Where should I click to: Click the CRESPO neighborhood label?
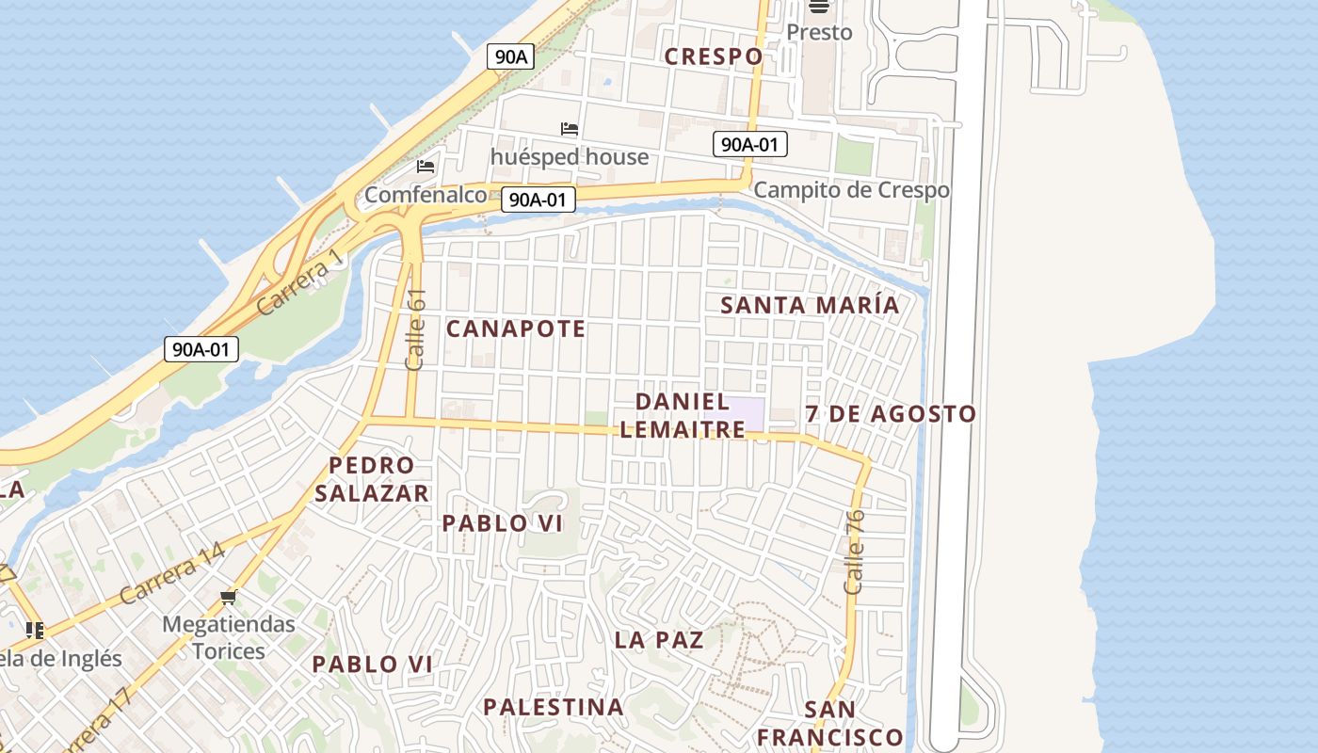(714, 56)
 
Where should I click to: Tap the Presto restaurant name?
(819, 32)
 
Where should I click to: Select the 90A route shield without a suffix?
(510, 56)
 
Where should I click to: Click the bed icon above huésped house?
(570, 129)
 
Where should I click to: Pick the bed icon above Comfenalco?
(426, 167)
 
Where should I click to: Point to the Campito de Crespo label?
(851, 190)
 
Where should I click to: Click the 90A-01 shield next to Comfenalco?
(538, 200)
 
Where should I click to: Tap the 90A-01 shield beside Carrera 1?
(201, 349)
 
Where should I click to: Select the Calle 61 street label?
(415, 329)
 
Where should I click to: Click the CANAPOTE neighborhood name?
(516, 328)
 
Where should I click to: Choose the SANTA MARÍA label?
(810, 305)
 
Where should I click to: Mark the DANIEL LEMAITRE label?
(683, 415)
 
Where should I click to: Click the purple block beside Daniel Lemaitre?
(734, 412)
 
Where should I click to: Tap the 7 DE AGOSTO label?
(891, 414)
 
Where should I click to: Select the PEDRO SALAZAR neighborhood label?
(372, 479)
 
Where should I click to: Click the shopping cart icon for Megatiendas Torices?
(228, 597)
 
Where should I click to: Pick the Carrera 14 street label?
(172, 579)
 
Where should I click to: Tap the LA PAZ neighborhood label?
(659, 640)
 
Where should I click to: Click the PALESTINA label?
(554, 707)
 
